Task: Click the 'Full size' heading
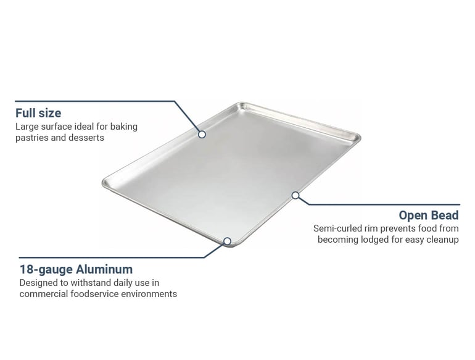click(38, 113)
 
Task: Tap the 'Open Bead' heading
click(428, 216)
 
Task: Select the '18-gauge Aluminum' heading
click(76, 269)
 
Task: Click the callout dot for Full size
click(202, 134)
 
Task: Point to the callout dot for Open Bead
click(295, 195)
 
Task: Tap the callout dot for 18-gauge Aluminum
click(227, 241)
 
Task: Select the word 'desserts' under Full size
click(88, 138)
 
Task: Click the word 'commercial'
click(43, 294)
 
